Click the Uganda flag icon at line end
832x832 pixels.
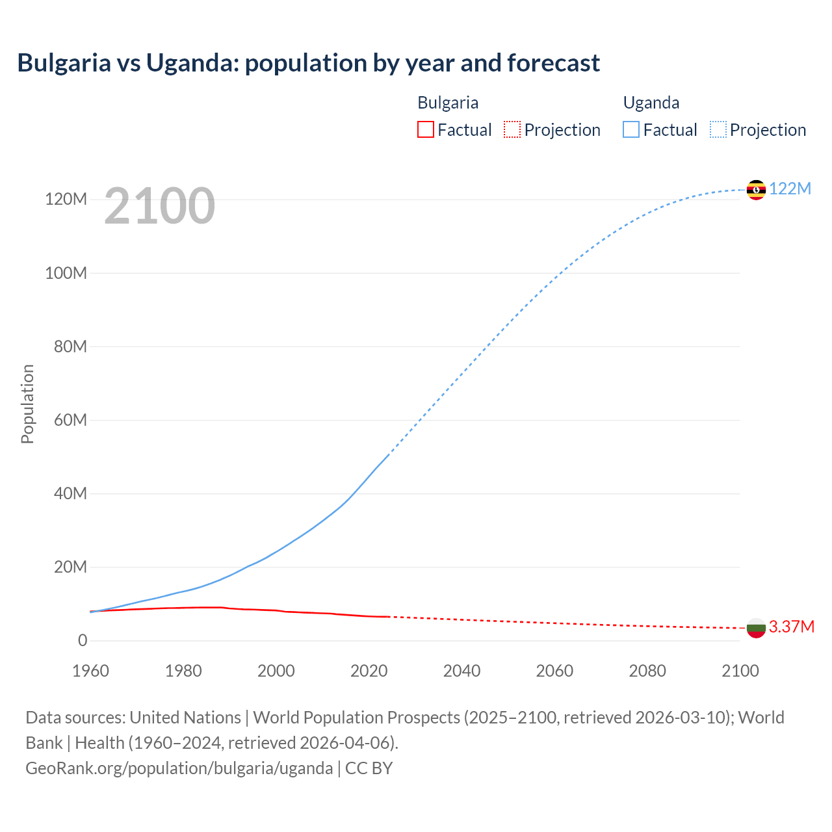point(756,190)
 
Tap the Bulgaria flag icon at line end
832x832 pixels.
point(756,628)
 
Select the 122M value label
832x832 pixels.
point(790,188)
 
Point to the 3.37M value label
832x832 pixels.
point(792,627)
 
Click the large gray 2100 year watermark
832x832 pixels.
point(159,205)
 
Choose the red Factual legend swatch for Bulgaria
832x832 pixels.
point(425,129)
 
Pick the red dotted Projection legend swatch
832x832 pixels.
point(512,129)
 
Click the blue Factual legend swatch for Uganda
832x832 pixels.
point(631,129)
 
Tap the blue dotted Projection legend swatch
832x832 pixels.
point(718,129)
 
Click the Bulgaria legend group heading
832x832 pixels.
point(448,103)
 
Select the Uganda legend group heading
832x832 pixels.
point(651,103)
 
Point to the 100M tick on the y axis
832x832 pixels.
point(66,273)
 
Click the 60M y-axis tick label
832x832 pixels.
point(70,420)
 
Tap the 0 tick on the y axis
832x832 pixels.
point(83,640)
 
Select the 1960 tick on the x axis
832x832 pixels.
point(90,671)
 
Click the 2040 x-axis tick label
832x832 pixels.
point(461,671)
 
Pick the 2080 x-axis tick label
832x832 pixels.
point(647,671)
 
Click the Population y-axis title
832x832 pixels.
point(27,404)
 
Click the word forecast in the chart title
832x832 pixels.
point(553,63)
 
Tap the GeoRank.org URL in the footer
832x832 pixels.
point(179,768)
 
